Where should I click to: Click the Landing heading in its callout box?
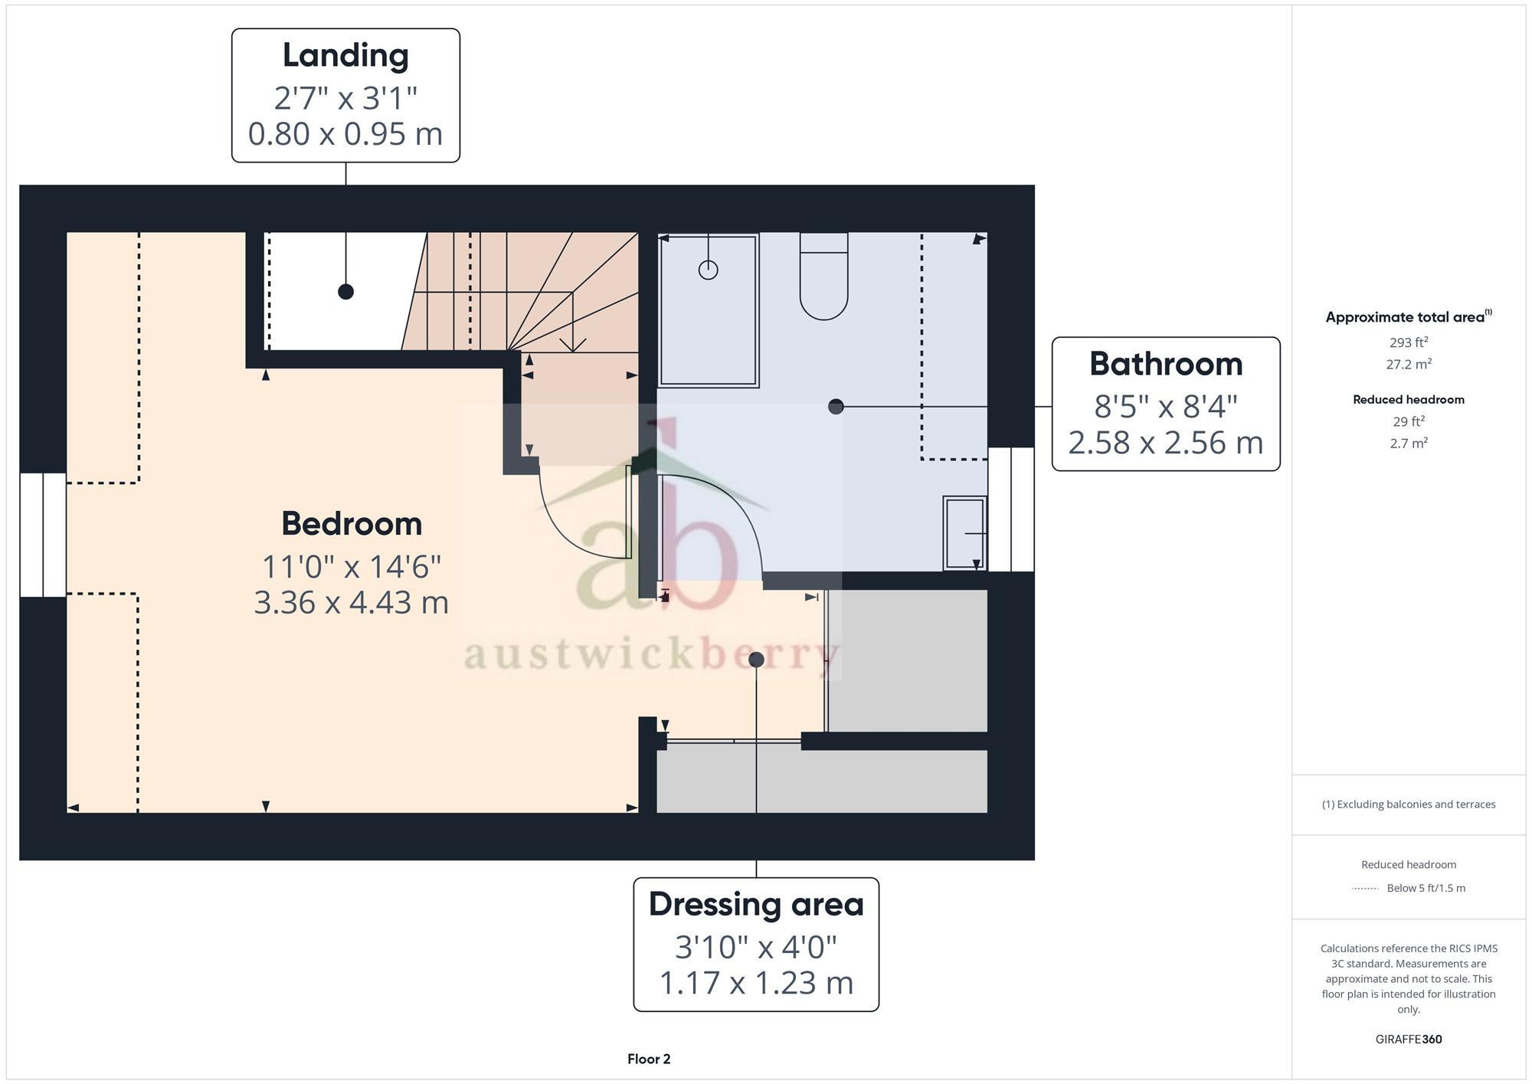(x=345, y=55)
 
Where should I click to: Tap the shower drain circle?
(x=708, y=270)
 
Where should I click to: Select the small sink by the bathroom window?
(x=964, y=533)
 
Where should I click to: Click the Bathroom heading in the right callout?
(x=1165, y=364)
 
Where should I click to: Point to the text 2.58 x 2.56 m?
(x=1165, y=443)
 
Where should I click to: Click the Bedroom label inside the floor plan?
(x=352, y=524)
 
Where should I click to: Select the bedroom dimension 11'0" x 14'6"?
(x=352, y=567)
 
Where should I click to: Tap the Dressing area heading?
(x=756, y=904)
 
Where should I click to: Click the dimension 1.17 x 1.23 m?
(x=756, y=983)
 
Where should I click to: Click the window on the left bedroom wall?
(x=43, y=535)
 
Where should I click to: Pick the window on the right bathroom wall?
(x=1011, y=509)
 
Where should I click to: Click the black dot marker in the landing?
(x=345, y=292)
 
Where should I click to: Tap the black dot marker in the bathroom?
(x=836, y=407)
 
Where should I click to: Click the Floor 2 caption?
(x=649, y=1059)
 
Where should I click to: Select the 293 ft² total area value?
(x=1409, y=342)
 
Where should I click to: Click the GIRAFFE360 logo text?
(x=1409, y=1040)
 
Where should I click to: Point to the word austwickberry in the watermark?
(x=651, y=655)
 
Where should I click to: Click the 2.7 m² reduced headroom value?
(x=1409, y=443)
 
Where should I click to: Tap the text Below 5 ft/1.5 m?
(x=1426, y=888)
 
